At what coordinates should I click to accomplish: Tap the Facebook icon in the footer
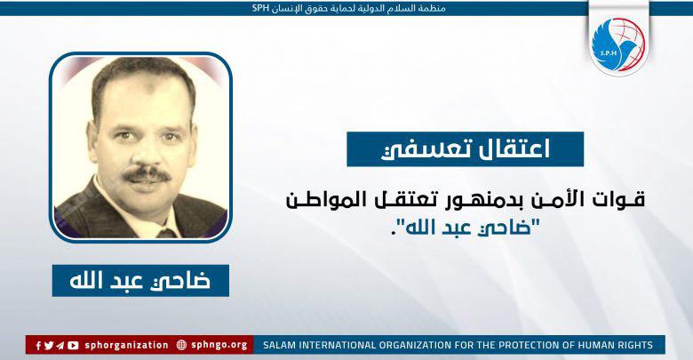click(x=39, y=345)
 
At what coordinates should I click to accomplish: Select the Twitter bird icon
click(x=49, y=345)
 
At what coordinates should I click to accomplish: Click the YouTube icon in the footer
click(x=73, y=345)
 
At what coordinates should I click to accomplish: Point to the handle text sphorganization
click(x=126, y=345)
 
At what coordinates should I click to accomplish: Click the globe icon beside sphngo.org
click(x=182, y=345)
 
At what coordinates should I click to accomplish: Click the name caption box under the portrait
click(x=140, y=280)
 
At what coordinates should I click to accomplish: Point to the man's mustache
click(x=146, y=174)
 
